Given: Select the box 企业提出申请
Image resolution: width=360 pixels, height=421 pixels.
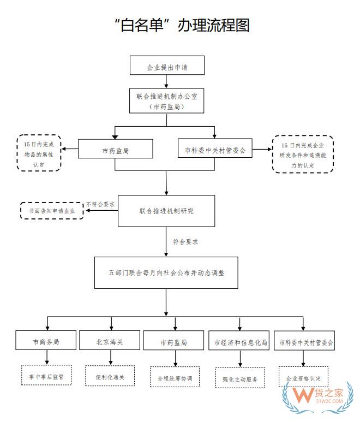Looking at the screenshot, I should (167, 66).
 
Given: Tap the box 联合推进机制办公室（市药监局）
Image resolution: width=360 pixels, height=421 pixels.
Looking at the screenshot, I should (167, 102).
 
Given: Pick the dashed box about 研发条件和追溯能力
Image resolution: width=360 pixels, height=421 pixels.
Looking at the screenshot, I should (302, 155).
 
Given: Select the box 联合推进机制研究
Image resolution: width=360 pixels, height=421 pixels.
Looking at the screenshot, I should (166, 211).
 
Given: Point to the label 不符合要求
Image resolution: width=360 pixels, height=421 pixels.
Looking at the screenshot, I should (100, 204).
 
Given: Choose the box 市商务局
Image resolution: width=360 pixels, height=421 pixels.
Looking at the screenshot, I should (46, 342).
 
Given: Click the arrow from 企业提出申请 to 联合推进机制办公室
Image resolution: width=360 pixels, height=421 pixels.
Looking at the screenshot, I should (166, 81).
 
